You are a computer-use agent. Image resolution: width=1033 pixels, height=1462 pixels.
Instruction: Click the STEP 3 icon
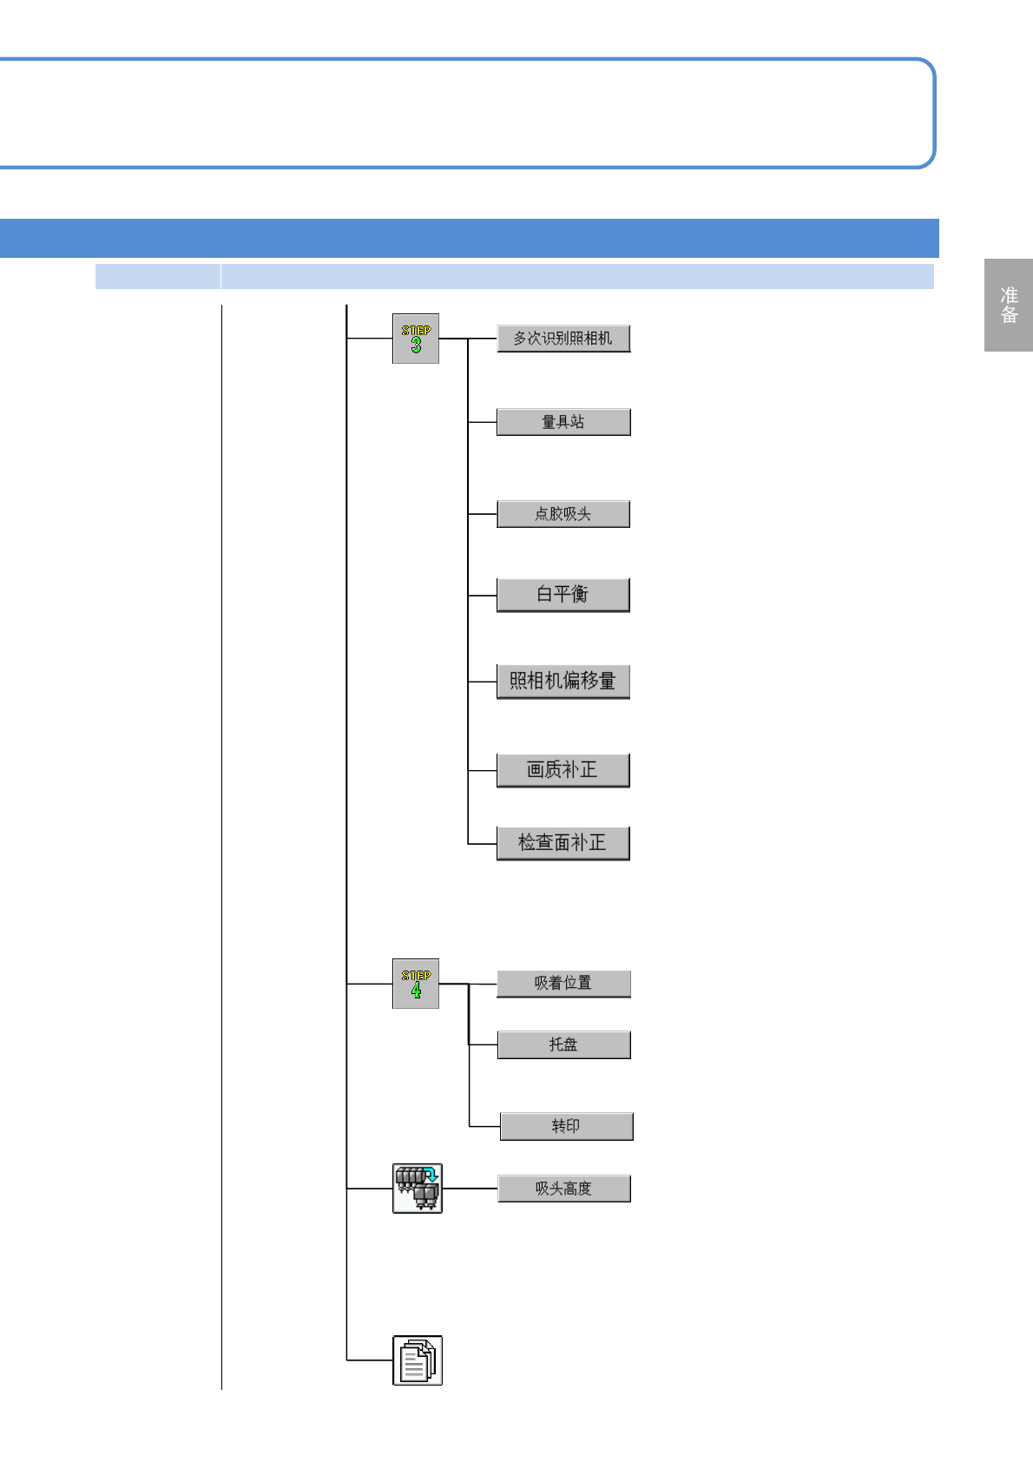tap(416, 339)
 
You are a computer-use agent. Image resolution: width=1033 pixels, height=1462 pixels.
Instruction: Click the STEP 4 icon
tap(416, 984)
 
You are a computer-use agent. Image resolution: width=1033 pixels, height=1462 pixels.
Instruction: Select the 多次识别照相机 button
tap(563, 339)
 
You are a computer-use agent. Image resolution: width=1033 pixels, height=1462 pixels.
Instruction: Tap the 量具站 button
tap(563, 422)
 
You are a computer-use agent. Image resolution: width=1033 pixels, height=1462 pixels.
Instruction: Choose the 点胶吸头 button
tap(563, 514)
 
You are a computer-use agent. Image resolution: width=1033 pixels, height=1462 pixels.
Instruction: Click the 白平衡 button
tap(563, 595)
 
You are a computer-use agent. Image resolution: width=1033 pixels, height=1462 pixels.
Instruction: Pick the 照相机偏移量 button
tap(563, 682)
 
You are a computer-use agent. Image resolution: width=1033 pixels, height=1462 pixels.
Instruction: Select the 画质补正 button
tap(563, 770)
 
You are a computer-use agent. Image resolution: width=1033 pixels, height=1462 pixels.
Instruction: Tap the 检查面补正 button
tap(563, 843)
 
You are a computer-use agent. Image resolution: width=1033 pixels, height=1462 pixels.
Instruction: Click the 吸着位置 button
tap(563, 984)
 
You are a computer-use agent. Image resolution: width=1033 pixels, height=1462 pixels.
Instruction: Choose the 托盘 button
tap(563, 1044)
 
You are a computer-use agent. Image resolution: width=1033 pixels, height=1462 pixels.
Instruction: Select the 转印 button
tap(566, 1126)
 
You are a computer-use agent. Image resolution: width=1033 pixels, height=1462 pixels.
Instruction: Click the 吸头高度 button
tap(563, 1189)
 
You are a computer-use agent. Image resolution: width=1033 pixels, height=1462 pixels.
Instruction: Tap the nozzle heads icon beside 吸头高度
tap(417, 1189)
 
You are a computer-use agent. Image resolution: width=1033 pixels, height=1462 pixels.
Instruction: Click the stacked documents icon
tap(417, 1360)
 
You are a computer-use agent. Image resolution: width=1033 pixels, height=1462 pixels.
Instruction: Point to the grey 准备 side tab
tap(1008, 305)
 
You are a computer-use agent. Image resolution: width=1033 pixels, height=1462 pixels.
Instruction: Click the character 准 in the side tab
tap(1009, 295)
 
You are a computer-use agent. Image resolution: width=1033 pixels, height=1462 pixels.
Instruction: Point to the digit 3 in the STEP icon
tap(416, 346)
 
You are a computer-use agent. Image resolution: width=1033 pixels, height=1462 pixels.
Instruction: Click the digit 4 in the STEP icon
tap(416, 991)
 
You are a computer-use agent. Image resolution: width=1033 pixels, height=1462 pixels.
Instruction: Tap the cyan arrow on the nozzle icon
tap(431, 1176)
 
